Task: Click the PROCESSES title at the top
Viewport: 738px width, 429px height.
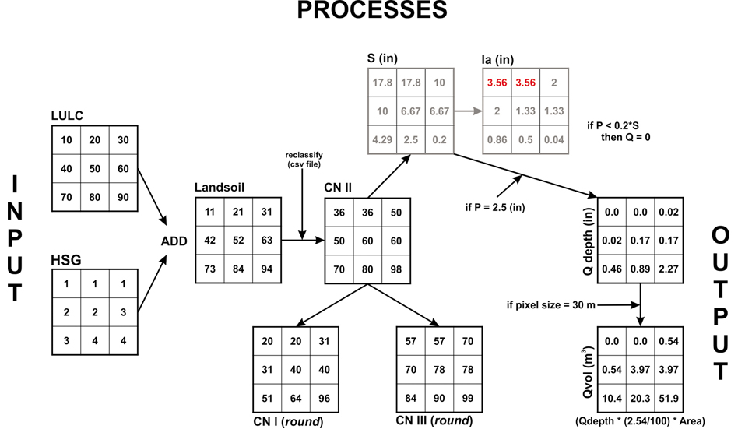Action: (x=372, y=11)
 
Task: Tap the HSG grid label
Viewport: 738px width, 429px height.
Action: (x=66, y=260)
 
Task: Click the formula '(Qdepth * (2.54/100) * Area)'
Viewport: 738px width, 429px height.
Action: (x=641, y=420)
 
